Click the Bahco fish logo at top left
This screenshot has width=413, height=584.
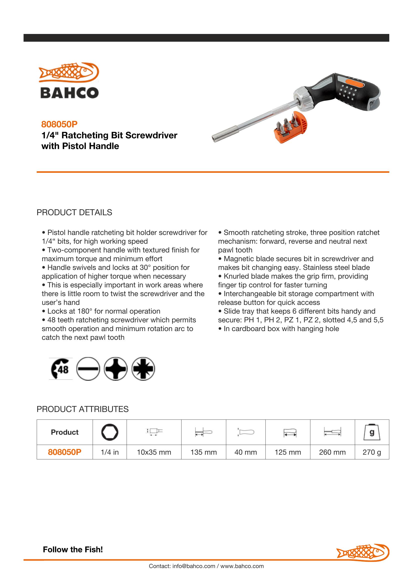click(x=69, y=80)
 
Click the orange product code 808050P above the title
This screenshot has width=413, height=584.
click(x=59, y=124)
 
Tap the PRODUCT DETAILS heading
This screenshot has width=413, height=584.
click(x=74, y=212)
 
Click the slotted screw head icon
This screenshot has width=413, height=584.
click(x=88, y=369)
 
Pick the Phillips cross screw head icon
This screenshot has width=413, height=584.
click(x=116, y=369)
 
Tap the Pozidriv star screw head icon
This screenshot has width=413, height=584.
click(x=143, y=369)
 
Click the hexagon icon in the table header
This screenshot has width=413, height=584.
click(x=110, y=432)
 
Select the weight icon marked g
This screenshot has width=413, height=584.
click(x=372, y=432)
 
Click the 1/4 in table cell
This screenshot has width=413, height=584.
click(x=110, y=452)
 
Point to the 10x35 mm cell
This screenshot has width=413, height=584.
click(x=154, y=452)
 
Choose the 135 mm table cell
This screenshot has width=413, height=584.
click(x=204, y=452)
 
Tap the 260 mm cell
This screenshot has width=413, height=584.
click(x=332, y=452)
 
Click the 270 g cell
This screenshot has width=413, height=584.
click(x=372, y=452)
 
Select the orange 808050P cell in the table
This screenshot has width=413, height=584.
click(x=65, y=452)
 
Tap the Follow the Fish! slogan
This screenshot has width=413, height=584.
click(x=73, y=549)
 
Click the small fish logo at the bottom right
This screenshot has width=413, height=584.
click(x=363, y=553)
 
